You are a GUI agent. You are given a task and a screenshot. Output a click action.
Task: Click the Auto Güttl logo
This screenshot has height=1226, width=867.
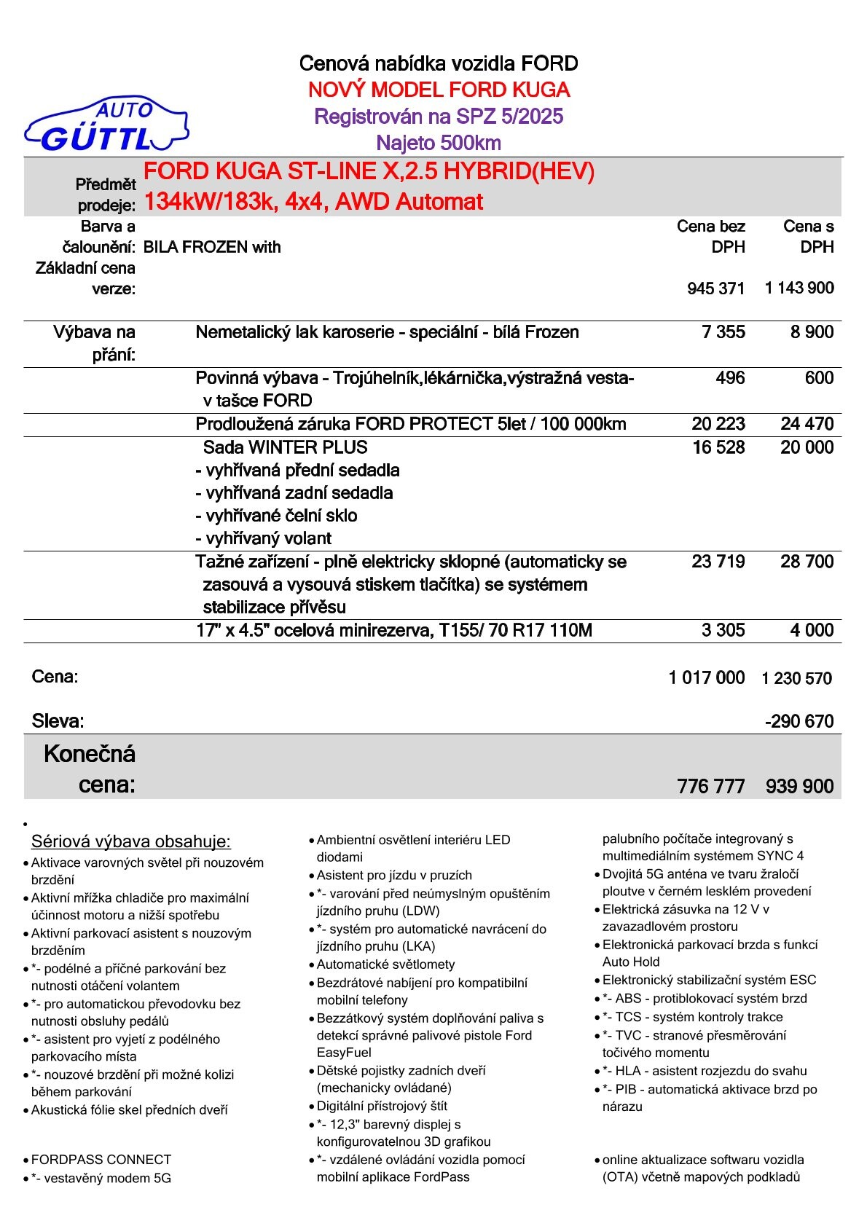click(106, 125)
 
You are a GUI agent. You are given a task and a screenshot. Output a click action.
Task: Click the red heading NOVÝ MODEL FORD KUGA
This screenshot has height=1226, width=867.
click(439, 90)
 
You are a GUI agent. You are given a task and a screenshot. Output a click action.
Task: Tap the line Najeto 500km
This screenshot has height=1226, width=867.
click(439, 143)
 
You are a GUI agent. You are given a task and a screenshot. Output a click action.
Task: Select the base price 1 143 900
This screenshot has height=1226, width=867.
click(799, 288)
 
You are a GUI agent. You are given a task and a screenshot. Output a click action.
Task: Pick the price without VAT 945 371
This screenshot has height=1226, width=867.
click(715, 289)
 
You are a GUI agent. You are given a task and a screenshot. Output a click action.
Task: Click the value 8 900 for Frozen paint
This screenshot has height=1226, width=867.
click(812, 332)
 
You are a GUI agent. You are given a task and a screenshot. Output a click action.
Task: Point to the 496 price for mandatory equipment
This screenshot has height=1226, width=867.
click(730, 378)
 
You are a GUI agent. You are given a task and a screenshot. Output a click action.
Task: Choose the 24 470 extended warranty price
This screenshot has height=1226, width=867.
click(807, 424)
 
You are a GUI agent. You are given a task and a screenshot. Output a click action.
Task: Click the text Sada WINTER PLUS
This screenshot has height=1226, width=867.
click(285, 447)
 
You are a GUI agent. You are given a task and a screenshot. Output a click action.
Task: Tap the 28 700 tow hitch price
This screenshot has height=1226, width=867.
click(807, 562)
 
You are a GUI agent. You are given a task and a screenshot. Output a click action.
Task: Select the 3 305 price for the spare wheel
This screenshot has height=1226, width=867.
click(723, 630)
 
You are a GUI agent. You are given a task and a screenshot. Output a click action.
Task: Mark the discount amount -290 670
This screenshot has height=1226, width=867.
click(799, 722)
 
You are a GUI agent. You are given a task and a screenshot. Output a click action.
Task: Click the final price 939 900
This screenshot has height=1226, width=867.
click(799, 787)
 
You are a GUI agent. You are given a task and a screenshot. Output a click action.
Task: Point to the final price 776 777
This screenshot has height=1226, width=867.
click(710, 787)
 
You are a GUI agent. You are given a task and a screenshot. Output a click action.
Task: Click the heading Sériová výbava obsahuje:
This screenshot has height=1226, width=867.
click(131, 842)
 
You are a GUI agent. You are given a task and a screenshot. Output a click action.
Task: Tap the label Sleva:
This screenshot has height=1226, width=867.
click(58, 721)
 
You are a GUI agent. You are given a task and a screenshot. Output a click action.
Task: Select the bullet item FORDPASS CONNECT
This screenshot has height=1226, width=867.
click(101, 1160)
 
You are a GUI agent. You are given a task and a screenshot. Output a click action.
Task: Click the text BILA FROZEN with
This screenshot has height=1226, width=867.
click(212, 248)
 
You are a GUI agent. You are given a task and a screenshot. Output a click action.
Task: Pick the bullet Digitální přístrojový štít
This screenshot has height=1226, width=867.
click(382, 1106)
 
